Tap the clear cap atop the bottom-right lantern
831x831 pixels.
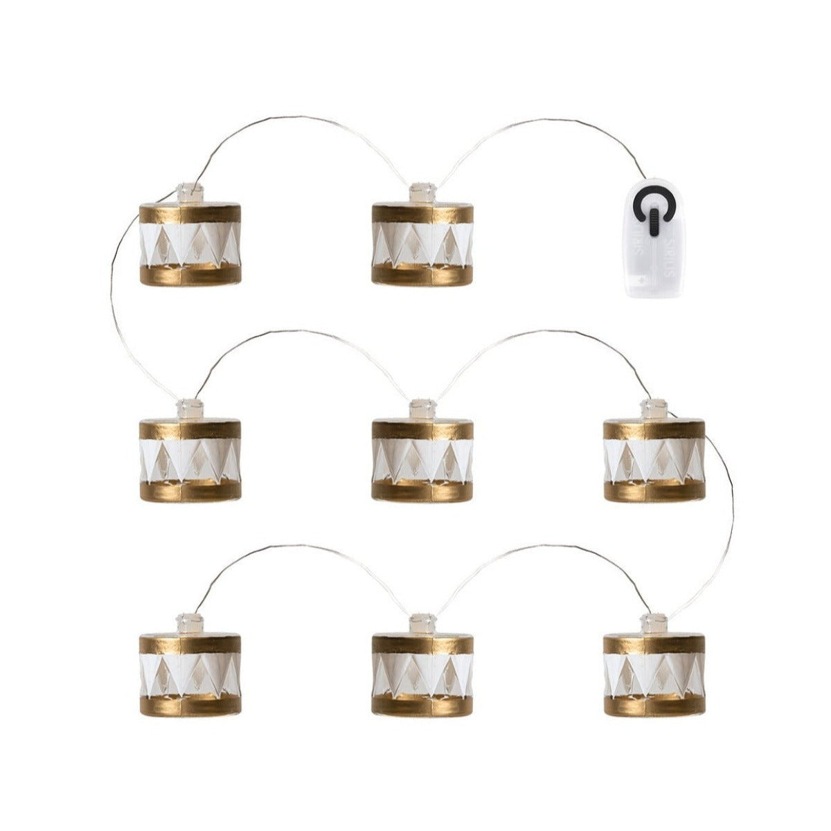coord(654,620)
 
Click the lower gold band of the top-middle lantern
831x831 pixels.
coord(422,275)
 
